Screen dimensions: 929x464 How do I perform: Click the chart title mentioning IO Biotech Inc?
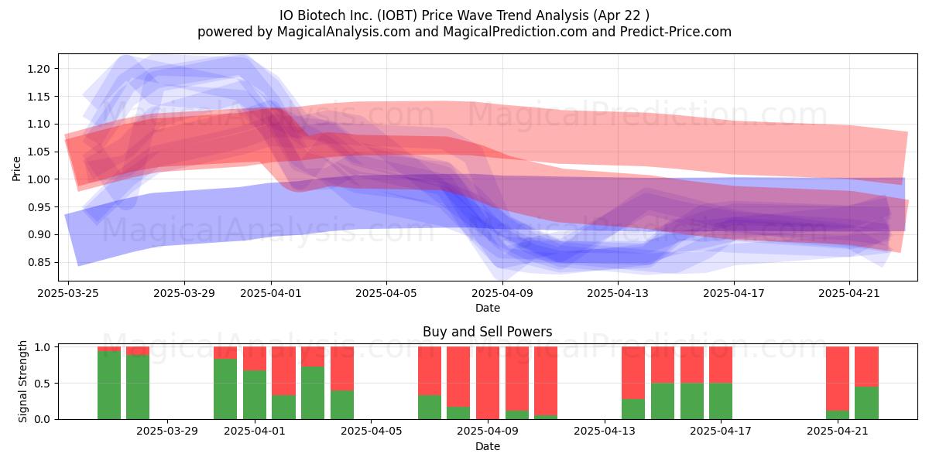coord(464,15)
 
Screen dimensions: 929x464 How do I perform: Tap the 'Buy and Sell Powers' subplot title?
coord(487,332)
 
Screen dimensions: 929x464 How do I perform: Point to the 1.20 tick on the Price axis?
coord(39,69)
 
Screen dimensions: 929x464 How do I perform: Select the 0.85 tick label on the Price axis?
coord(39,262)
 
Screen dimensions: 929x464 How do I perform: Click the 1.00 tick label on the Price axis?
coord(39,179)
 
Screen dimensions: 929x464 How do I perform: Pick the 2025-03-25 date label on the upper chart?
coord(68,293)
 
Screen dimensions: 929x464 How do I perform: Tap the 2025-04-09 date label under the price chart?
coord(502,293)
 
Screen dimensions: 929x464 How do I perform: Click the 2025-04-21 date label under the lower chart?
coord(838,432)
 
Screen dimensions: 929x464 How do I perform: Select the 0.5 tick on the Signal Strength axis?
coord(43,384)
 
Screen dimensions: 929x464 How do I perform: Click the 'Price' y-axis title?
coord(16,169)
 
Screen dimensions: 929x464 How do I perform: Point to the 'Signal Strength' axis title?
coord(22,381)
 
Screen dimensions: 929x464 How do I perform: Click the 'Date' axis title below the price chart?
coord(487,308)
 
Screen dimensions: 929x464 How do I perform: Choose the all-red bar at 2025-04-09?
coord(487,383)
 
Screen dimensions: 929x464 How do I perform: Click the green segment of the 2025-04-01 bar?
coord(255,394)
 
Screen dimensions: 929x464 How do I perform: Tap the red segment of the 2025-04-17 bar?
coord(721,364)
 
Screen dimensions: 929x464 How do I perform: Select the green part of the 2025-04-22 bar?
coord(866,403)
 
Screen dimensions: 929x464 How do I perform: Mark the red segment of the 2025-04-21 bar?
coord(838,379)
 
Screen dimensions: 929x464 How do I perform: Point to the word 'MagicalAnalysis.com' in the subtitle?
coord(344,32)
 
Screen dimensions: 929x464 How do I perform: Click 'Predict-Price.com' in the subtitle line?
coord(676,32)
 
